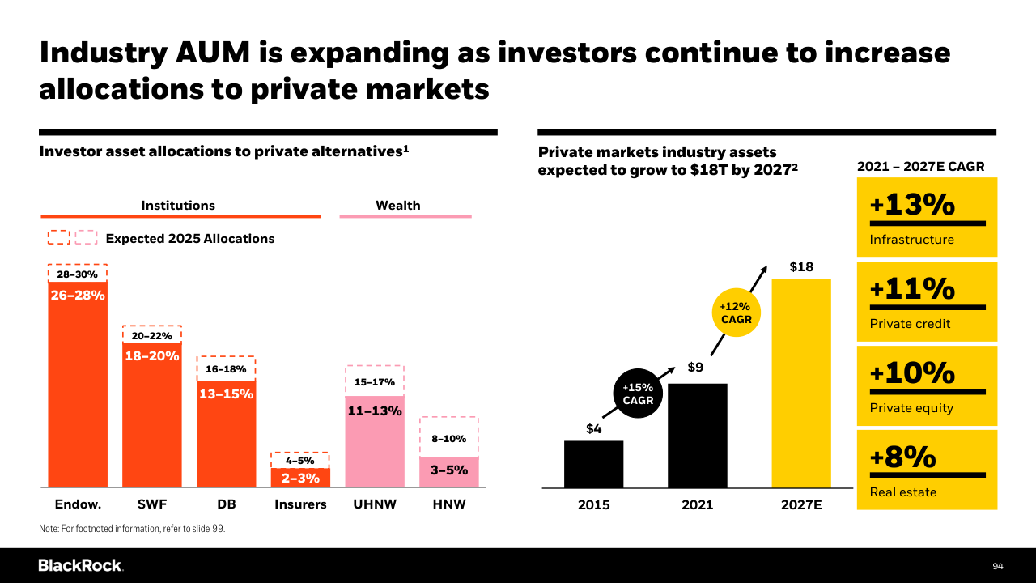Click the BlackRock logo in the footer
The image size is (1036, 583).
tap(80, 565)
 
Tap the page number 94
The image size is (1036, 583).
tap(998, 565)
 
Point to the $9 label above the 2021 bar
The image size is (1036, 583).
tap(695, 368)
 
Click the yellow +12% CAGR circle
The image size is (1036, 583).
tap(736, 313)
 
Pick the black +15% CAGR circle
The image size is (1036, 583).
tap(638, 394)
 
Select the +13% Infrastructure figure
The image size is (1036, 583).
tap(912, 206)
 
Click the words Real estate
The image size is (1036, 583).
tap(902, 492)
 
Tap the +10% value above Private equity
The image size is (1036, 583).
tap(912, 373)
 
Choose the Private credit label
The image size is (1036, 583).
tap(910, 324)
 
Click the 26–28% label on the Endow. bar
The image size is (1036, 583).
tap(78, 296)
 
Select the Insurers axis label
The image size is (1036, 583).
tap(300, 504)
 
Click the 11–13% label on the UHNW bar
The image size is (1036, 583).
tap(375, 411)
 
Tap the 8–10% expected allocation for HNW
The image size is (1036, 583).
tap(448, 439)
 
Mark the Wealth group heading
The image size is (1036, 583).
tap(398, 206)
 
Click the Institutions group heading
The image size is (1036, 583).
tap(178, 206)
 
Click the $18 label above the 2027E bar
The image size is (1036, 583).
tap(801, 266)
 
